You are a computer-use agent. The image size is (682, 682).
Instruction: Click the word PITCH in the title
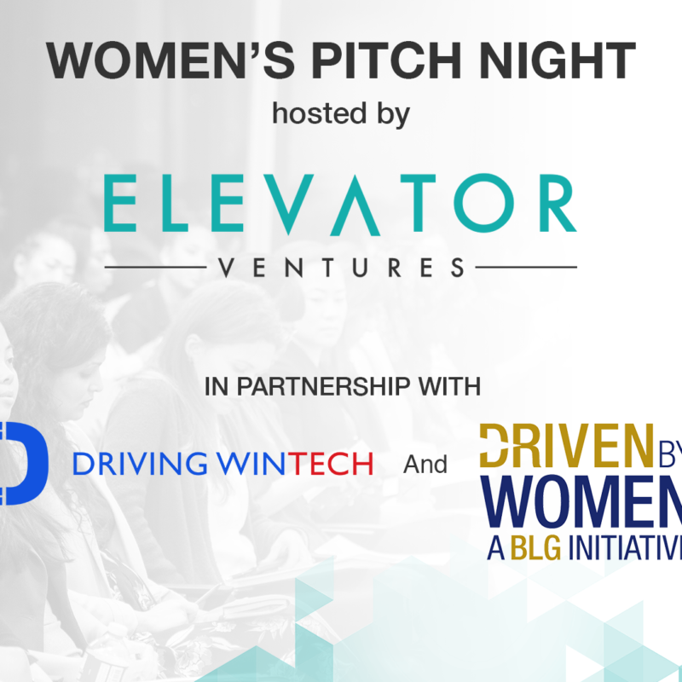[x=386, y=61]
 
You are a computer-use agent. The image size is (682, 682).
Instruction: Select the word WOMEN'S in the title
[x=170, y=61]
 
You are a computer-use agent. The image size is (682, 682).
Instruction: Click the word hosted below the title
[x=319, y=113]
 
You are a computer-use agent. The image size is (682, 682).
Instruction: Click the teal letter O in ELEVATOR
[x=484, y=203]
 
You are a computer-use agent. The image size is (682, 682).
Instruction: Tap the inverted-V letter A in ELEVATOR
[x=355, y=205]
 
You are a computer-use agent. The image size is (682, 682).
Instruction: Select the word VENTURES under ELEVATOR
[x=342, y=268]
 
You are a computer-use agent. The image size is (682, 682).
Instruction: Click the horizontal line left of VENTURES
[x=155, y=268]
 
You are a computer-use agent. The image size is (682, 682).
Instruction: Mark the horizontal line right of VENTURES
[x=526, y=268]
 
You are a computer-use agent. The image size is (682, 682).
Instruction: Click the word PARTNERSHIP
[x=323, y=386]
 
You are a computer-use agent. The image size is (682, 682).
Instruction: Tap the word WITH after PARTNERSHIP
[x=449, y=386]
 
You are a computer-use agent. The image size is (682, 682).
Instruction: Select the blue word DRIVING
[x=140, y=464]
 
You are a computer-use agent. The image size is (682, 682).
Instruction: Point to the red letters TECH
[x=331, y=464]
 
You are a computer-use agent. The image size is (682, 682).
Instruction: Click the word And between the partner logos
[x=425, y=465]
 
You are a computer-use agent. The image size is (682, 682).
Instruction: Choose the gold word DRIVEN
[x=566, y=445]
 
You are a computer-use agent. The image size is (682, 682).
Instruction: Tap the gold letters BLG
[x=535, y=548]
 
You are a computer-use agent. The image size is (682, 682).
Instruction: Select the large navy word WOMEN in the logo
[x=581, y=501]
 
